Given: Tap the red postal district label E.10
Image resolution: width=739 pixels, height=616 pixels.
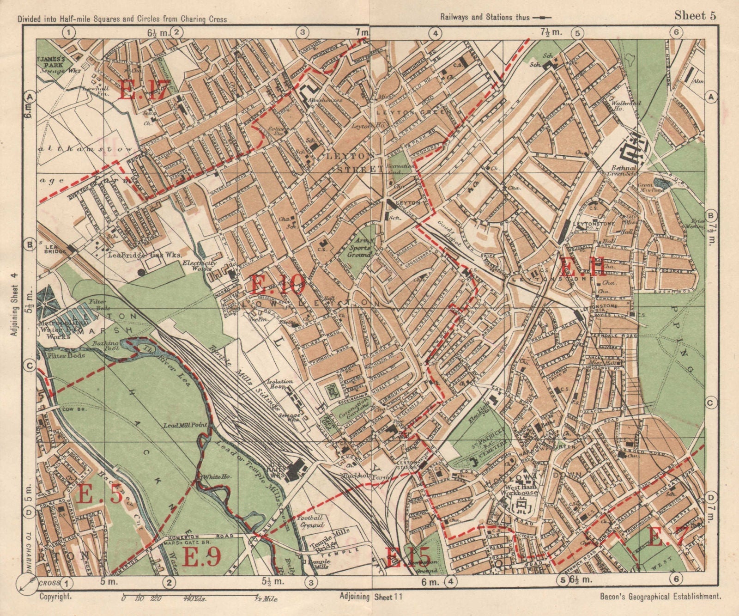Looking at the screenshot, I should [x=278, y=284].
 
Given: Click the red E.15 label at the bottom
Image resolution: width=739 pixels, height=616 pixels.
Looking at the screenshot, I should [x=408, y=557].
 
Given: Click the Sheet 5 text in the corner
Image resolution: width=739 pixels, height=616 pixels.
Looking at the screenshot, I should [x=695, y=16].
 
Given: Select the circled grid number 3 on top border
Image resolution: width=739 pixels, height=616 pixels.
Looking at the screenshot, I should [x=302, y=32].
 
